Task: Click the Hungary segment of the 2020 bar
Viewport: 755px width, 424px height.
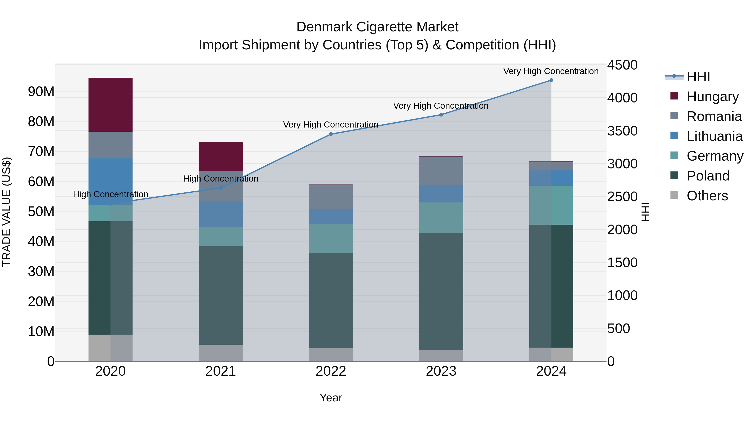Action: tap(111, 104)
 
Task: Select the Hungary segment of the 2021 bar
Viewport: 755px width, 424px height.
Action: tap(221, 156)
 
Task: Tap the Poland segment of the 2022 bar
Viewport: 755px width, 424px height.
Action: tap(331, 300)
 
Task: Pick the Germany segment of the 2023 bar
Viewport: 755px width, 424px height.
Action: tap(441, 218)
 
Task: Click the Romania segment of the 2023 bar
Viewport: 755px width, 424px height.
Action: tap(441, 171)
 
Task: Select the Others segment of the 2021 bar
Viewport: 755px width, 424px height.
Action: tap(221, 353)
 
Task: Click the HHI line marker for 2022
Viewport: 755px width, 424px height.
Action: tap(331, 134)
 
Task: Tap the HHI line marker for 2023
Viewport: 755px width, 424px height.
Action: tap(441, 115)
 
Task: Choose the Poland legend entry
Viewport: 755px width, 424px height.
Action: tap(708, 176)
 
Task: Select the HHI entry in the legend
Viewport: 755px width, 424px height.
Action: tap(698, 77)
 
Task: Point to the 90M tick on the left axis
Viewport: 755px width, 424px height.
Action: tap(41, 92)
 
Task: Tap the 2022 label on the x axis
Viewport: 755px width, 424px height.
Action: tap(331, 371)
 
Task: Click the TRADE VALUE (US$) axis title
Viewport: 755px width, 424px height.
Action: tap(7, 212)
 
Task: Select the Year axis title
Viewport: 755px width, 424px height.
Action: tap(331, 398)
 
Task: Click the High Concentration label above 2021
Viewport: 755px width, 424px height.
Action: tap(221, 178)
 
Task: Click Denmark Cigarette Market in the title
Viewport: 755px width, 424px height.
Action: tap(377, 27)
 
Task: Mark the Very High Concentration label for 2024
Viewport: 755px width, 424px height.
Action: tap(551, 71)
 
